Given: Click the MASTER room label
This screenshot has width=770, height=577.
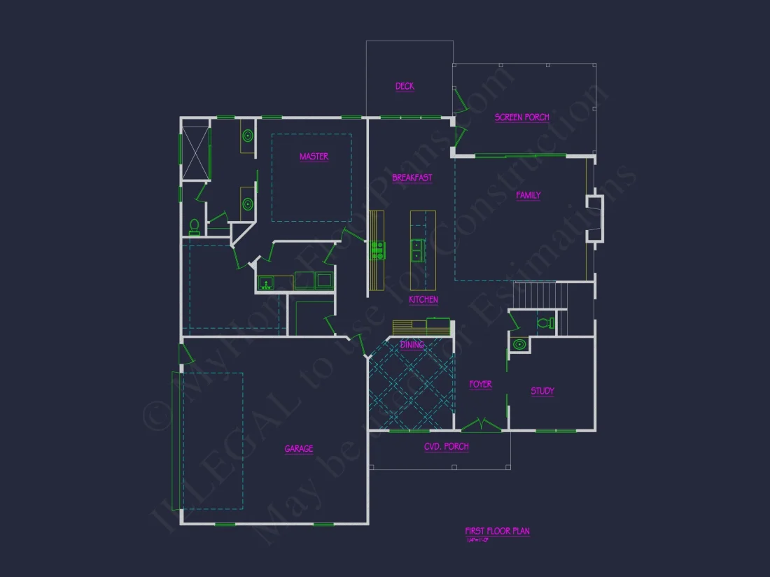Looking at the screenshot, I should point(314,157).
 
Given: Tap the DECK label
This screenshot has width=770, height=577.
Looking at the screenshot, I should point(405,87).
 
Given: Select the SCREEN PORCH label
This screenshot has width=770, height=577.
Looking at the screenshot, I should point(521,117).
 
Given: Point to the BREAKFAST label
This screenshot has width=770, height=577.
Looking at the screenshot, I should point(412,178).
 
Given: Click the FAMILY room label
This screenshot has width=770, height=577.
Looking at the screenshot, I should point(528,196).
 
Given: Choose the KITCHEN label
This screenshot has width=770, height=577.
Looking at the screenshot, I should point(423,300).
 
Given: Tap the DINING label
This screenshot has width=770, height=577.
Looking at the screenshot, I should point(412,345).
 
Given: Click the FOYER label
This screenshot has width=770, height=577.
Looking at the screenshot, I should point(480,385).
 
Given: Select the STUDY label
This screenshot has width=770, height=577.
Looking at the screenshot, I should point(542,392).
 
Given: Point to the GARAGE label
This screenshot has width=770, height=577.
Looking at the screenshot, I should point(298,449).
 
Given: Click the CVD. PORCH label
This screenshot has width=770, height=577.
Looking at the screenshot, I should point(446,447).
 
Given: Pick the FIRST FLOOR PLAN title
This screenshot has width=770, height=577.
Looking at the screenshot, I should point(497,532).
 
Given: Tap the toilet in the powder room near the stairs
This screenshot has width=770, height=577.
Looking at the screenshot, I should point(543,323).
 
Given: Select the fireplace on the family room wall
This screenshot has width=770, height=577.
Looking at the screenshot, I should point(595,219).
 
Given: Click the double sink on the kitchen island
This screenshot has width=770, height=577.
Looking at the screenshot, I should point(416,250).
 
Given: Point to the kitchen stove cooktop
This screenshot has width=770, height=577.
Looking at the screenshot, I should point(377,250).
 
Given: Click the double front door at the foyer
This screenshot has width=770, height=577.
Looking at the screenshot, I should point(481,425).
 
